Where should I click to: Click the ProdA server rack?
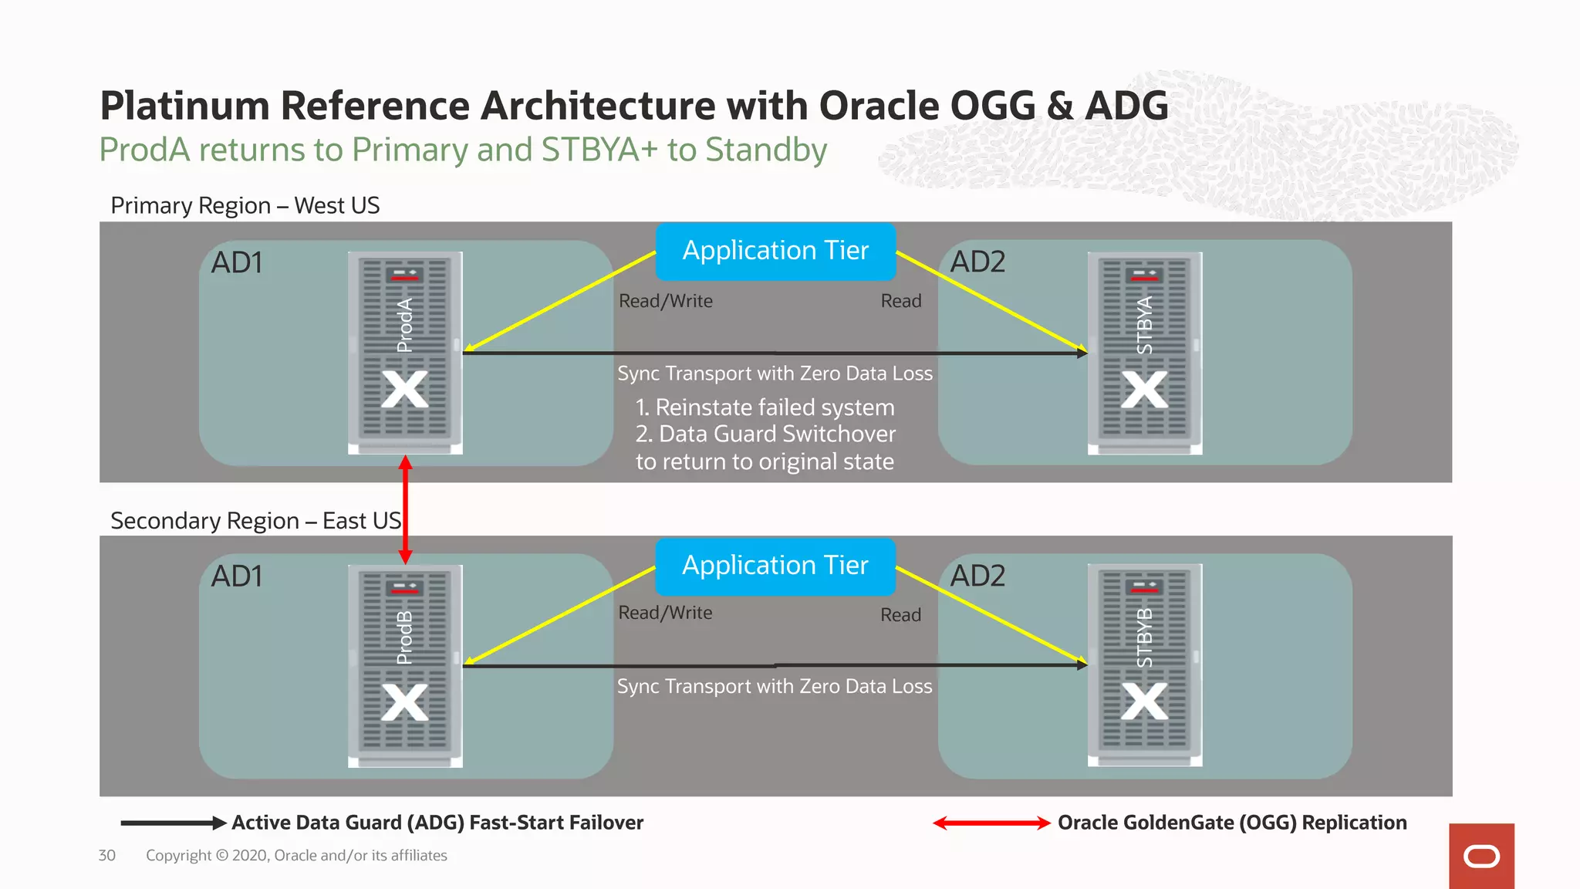(405, 353)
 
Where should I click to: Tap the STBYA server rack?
(1145, 353)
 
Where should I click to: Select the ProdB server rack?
(405, 666)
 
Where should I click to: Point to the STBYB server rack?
(1145, 665)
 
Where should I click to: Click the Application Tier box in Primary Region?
(775, 252)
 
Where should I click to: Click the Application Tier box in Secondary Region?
(775, 566)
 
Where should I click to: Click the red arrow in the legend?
(991, 823)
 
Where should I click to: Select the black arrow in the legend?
(173, 823)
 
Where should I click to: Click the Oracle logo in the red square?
(1481, 857)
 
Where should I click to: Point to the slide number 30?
(107, 856)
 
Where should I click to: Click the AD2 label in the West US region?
(977, 262)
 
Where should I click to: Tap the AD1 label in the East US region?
(237, 576)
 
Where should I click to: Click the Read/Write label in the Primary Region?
(666, 301)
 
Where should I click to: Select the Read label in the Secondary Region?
(901, 615)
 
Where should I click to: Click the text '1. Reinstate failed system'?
(765, 407)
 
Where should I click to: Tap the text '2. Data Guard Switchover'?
(765, 434)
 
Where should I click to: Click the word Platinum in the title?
(184, 106)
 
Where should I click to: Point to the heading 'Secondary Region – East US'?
(255, 521)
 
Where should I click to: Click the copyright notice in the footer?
(296, 856)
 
